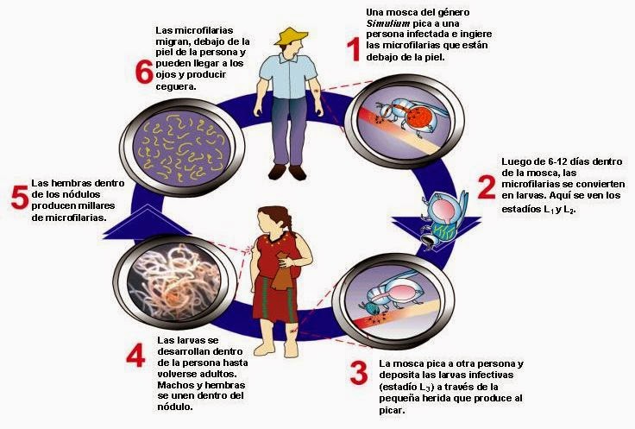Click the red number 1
(352, 48)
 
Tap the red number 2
(487, 187)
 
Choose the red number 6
(144, 72)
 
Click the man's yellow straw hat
(291, 37)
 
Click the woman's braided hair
(290, 226)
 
